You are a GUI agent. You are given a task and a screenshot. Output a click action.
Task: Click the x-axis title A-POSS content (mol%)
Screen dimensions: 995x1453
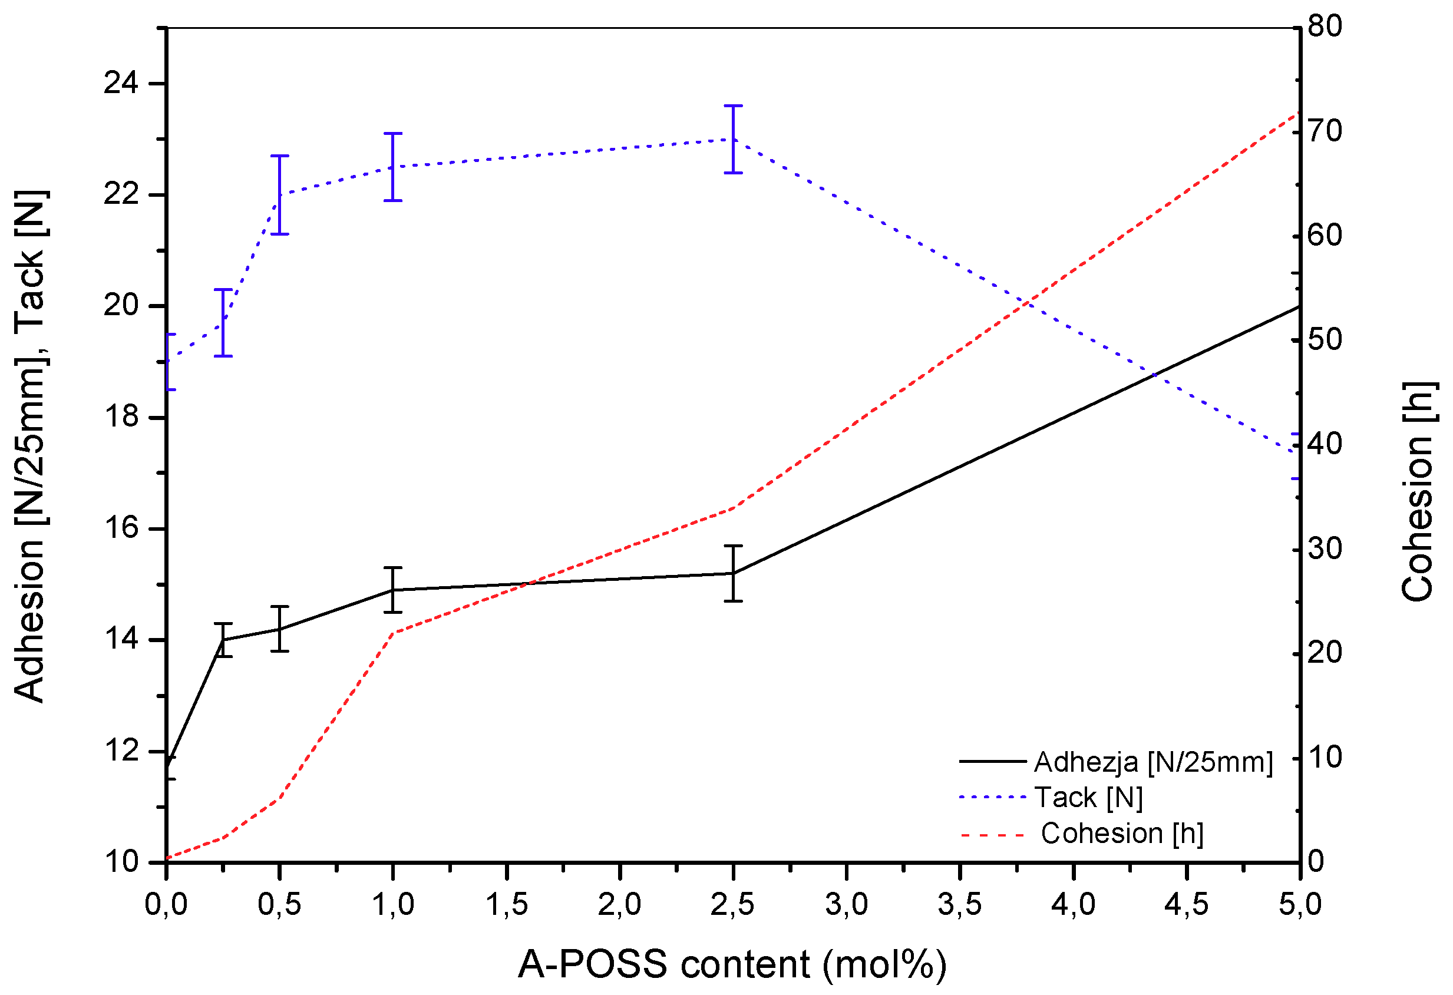731,964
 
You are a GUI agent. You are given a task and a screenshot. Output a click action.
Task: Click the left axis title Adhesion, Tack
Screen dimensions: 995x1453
29,445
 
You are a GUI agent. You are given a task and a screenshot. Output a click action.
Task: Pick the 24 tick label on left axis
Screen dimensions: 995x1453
121,83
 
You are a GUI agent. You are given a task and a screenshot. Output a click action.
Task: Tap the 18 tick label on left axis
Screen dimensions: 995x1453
121,417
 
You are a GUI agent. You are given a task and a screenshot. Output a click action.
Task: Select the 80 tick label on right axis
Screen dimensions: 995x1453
1323,27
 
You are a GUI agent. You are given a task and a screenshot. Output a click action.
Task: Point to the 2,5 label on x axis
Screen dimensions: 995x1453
732,904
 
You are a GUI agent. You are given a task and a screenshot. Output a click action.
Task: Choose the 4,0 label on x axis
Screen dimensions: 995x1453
1073,904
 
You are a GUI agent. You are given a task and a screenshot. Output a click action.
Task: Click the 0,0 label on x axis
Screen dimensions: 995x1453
166,904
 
